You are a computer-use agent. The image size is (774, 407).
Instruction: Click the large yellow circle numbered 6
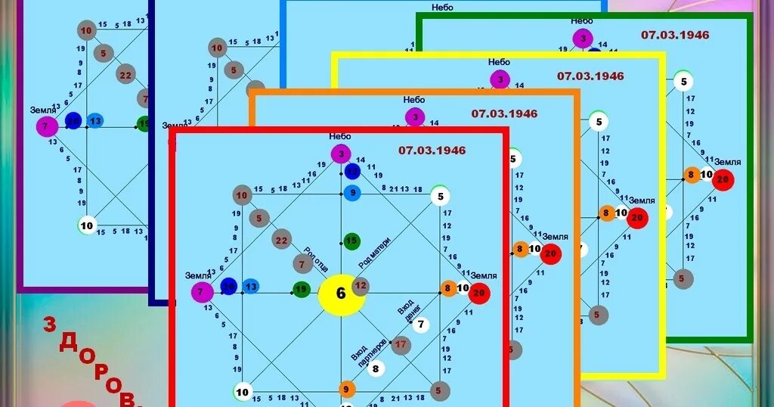[x=341, y=294]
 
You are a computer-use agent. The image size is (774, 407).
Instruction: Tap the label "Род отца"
[x=315, y=258]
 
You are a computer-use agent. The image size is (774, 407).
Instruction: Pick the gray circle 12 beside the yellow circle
[x=361, y=286]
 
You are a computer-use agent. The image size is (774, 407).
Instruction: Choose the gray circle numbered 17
[x=401, y=345]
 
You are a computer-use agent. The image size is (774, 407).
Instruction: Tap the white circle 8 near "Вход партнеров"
[x=376, y=369]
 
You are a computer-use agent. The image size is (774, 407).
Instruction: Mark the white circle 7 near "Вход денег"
[x=421, y=325]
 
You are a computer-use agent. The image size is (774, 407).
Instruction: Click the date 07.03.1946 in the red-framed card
[x=432, y=150]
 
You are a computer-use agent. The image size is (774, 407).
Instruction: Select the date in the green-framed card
[x=675, y=34]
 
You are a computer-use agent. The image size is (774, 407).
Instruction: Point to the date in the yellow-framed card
[x=590, y=76]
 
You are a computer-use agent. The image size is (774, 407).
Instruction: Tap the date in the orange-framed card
[x=504, y=113]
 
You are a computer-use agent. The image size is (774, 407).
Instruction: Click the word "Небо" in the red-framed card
[x=341, y=136]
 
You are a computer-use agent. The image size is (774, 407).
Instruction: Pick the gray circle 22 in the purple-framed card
[x=125, y=75]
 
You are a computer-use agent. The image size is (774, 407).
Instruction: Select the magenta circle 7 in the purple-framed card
[x=47, y=126]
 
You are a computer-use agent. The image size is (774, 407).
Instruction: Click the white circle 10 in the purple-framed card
[x=88, y=225]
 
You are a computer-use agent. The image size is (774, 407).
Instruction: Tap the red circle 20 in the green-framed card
[x=723, y=179]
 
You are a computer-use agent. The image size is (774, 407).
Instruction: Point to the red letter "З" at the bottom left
[x=50, y=325]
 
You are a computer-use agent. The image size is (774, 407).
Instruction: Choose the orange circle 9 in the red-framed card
[x=347, y=390]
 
